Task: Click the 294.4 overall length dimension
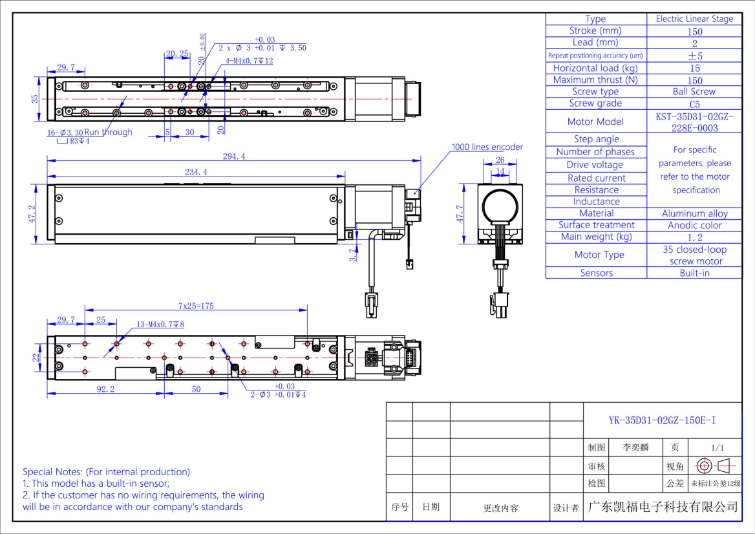[x=234, y=156]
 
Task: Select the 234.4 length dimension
[x=196, y=171]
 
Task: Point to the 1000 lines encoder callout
[x=487, y=147]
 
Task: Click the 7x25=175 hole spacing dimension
[x=196, y=306]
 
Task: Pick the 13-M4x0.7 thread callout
[x=160, y=325]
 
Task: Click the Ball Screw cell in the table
[x=694, y=92]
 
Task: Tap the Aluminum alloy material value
[x=694, y=213]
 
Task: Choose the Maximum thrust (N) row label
[x=595, y=80]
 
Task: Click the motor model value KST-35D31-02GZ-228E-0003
[x=694, y=122]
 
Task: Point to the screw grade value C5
[x=694, y=103]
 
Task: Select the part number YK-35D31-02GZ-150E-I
[x=662, y=420]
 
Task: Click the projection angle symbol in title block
[x=714, y=465]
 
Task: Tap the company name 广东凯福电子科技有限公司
[x=662, y=506]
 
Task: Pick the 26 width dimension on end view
[x=500, y=160]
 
